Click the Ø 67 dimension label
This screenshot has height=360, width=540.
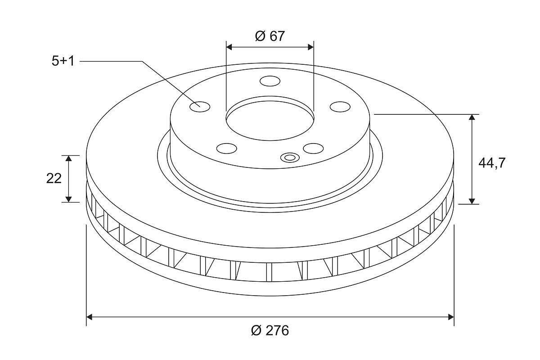click(270, 36)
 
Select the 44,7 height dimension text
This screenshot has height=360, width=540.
click(492, 163)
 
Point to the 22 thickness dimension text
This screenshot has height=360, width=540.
click(54, 179)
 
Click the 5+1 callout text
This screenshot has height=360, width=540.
click(63, 61)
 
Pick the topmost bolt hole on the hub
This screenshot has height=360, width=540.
click(270, 81)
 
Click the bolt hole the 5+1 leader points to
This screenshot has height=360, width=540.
click(200, 107)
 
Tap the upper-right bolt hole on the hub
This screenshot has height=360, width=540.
click(340, 107)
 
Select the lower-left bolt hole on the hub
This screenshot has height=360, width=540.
click(227, 148)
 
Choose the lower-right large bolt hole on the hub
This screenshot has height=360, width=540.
click(313, 148)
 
